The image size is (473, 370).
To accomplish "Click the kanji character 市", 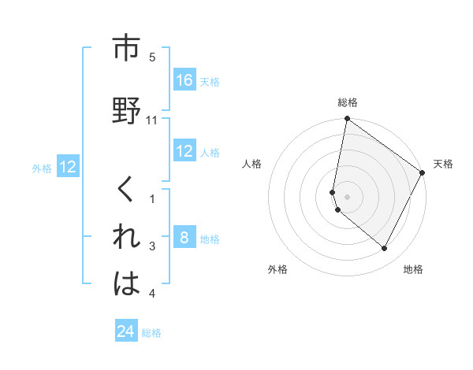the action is (x=126, y=49).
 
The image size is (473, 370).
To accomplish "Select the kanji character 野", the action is (x=126, y=111).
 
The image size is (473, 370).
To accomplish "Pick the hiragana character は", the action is (x=126, y=284).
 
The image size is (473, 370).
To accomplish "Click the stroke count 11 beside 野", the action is (x=152, y=120).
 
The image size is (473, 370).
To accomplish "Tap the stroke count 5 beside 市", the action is (x=152, y=57).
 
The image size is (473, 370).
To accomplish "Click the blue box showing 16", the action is (x=184, y=80).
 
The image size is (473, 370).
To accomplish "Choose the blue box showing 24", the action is (x=126, y=331).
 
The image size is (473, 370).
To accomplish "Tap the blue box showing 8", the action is (x=184, y=238).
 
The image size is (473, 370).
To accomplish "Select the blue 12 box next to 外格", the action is (x=68, y=166).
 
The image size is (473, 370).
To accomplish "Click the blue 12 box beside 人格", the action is (x=184, y=151).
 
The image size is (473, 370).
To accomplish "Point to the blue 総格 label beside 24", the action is (x=151, y=333).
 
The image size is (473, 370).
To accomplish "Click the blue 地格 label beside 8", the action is (x=210, y=239).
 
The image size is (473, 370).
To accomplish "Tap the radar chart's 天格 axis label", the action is (x=443, y=164).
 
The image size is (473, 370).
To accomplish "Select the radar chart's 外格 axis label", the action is (x=277, y=269).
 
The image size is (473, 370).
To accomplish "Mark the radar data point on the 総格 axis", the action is (x=347, y=120).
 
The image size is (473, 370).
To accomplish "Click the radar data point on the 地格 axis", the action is (x=385, y=249).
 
